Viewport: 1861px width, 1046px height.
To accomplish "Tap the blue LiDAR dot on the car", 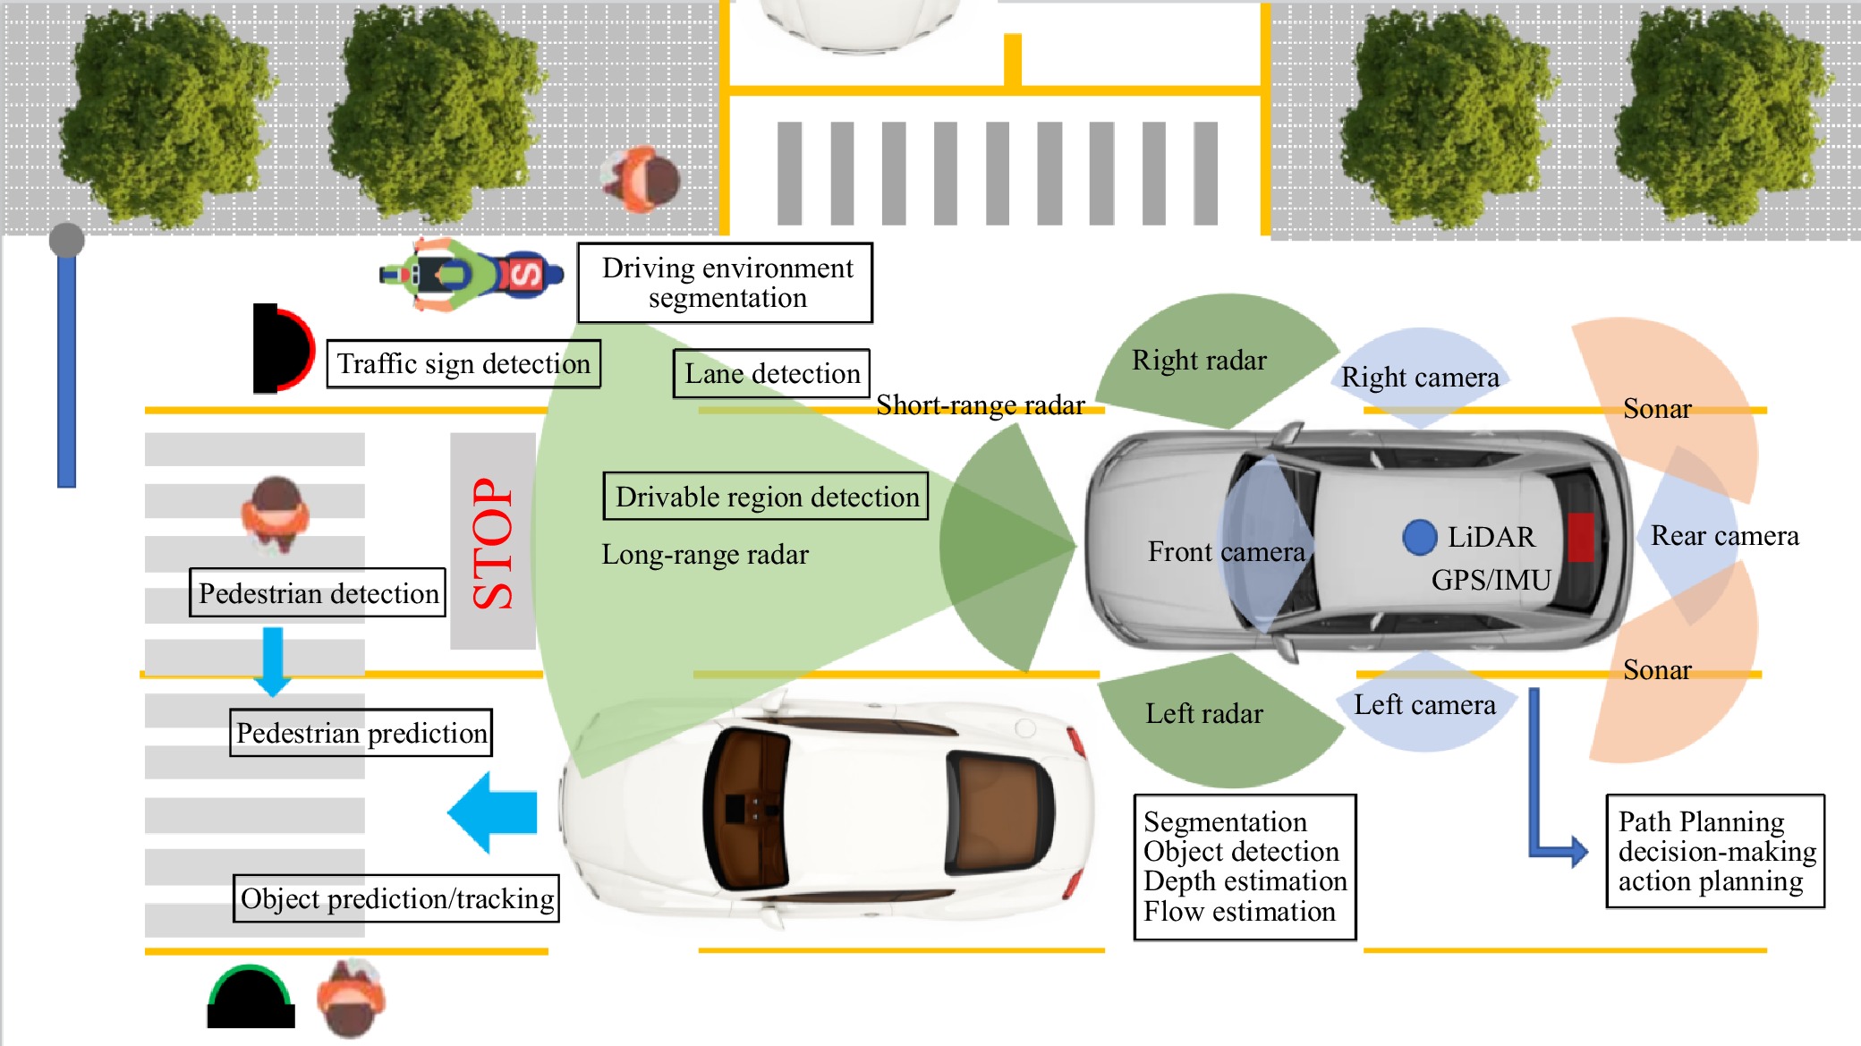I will (1419, 537).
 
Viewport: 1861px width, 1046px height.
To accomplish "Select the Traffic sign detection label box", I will (463, 363).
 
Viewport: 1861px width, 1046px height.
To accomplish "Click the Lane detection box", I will (771, 373).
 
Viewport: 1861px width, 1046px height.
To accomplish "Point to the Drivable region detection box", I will (766, 497).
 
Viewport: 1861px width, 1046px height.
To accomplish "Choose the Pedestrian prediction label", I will (361, 733).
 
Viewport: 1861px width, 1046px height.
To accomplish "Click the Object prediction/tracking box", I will (396, 898).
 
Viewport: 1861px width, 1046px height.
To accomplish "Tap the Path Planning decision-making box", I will (1715, 851).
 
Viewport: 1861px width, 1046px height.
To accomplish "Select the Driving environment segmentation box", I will (726, 283).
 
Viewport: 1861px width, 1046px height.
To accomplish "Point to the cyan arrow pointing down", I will (272, 661).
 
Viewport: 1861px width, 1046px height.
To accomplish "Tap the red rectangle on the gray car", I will (1580, 537).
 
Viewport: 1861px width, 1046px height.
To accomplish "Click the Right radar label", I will (1199, 360).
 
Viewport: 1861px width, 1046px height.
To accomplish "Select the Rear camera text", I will (1724, 535).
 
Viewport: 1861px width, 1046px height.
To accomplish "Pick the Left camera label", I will (1424, 705).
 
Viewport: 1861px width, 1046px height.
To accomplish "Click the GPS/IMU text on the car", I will (1491, 580).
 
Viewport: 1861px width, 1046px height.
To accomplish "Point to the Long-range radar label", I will (705, 555).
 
